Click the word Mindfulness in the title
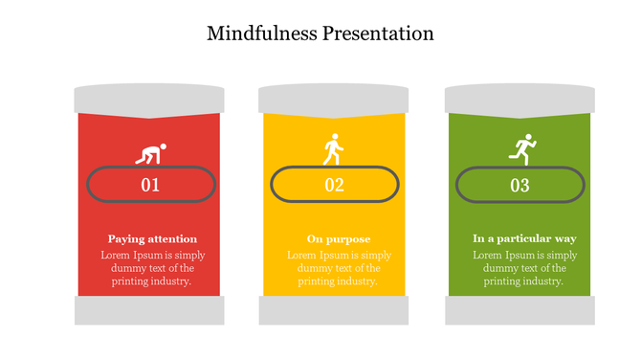pos(259,34)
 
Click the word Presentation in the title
pos(376,34)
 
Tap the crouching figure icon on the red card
pos(150,153)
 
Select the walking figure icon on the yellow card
pos(333,150)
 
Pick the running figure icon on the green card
pos(521,149)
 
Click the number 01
pos(150,185)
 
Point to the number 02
pos(334,185)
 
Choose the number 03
pos(519,185)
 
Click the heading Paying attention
pos(152,238)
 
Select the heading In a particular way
pos(524,238)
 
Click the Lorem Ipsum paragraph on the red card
pos(152,268)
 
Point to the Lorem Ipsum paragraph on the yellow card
pos(339,268)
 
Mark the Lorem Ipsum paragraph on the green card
pos(524,268)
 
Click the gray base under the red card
pos(149,310)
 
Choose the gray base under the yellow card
pos(334,310)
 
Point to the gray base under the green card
pos(519,310)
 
